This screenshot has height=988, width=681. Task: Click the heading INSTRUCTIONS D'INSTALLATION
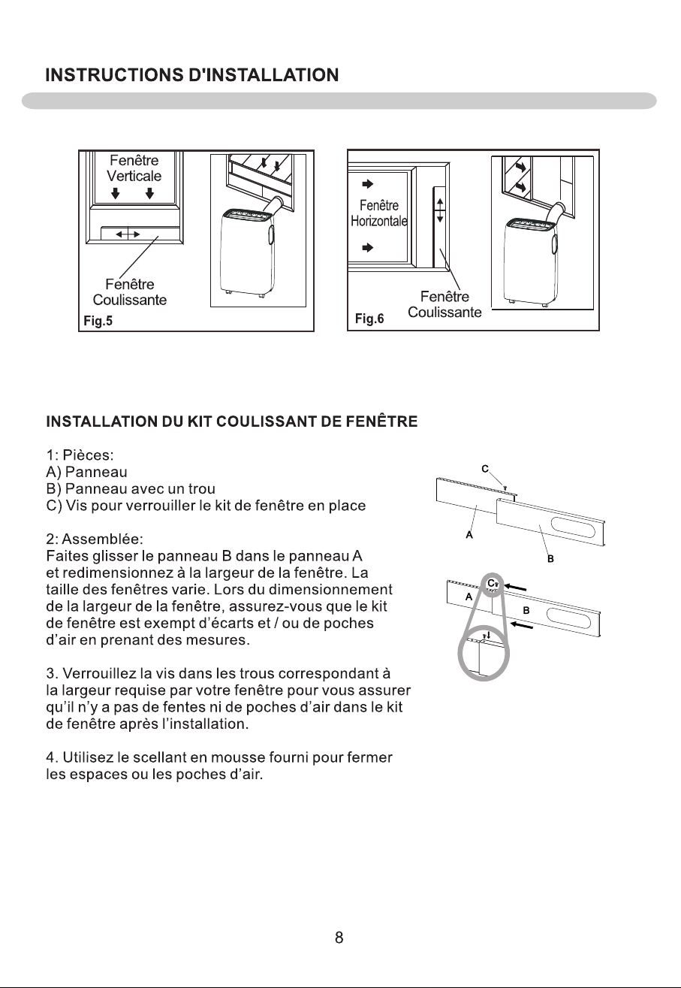(192, 75)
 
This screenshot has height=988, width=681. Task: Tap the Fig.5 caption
(98, 321)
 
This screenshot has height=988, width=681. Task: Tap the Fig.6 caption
(369, 319)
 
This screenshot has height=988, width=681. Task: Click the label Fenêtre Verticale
(134, 168)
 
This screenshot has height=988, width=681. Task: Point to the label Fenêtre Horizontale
(379, 213)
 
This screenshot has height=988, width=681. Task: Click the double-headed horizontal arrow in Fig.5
(128, 234)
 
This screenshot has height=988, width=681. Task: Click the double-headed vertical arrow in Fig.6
(439, 210)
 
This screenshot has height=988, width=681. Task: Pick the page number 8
(339, 937)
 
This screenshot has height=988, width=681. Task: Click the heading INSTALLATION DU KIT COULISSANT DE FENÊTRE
(232, 421)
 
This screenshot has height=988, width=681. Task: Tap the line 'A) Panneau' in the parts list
(86, 472)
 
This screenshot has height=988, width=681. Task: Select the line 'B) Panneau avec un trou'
(131, 488)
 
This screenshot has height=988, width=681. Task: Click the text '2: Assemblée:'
(95, 539)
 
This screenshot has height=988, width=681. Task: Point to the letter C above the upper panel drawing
(485, 469)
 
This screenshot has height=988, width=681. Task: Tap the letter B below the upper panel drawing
(550, 559)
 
